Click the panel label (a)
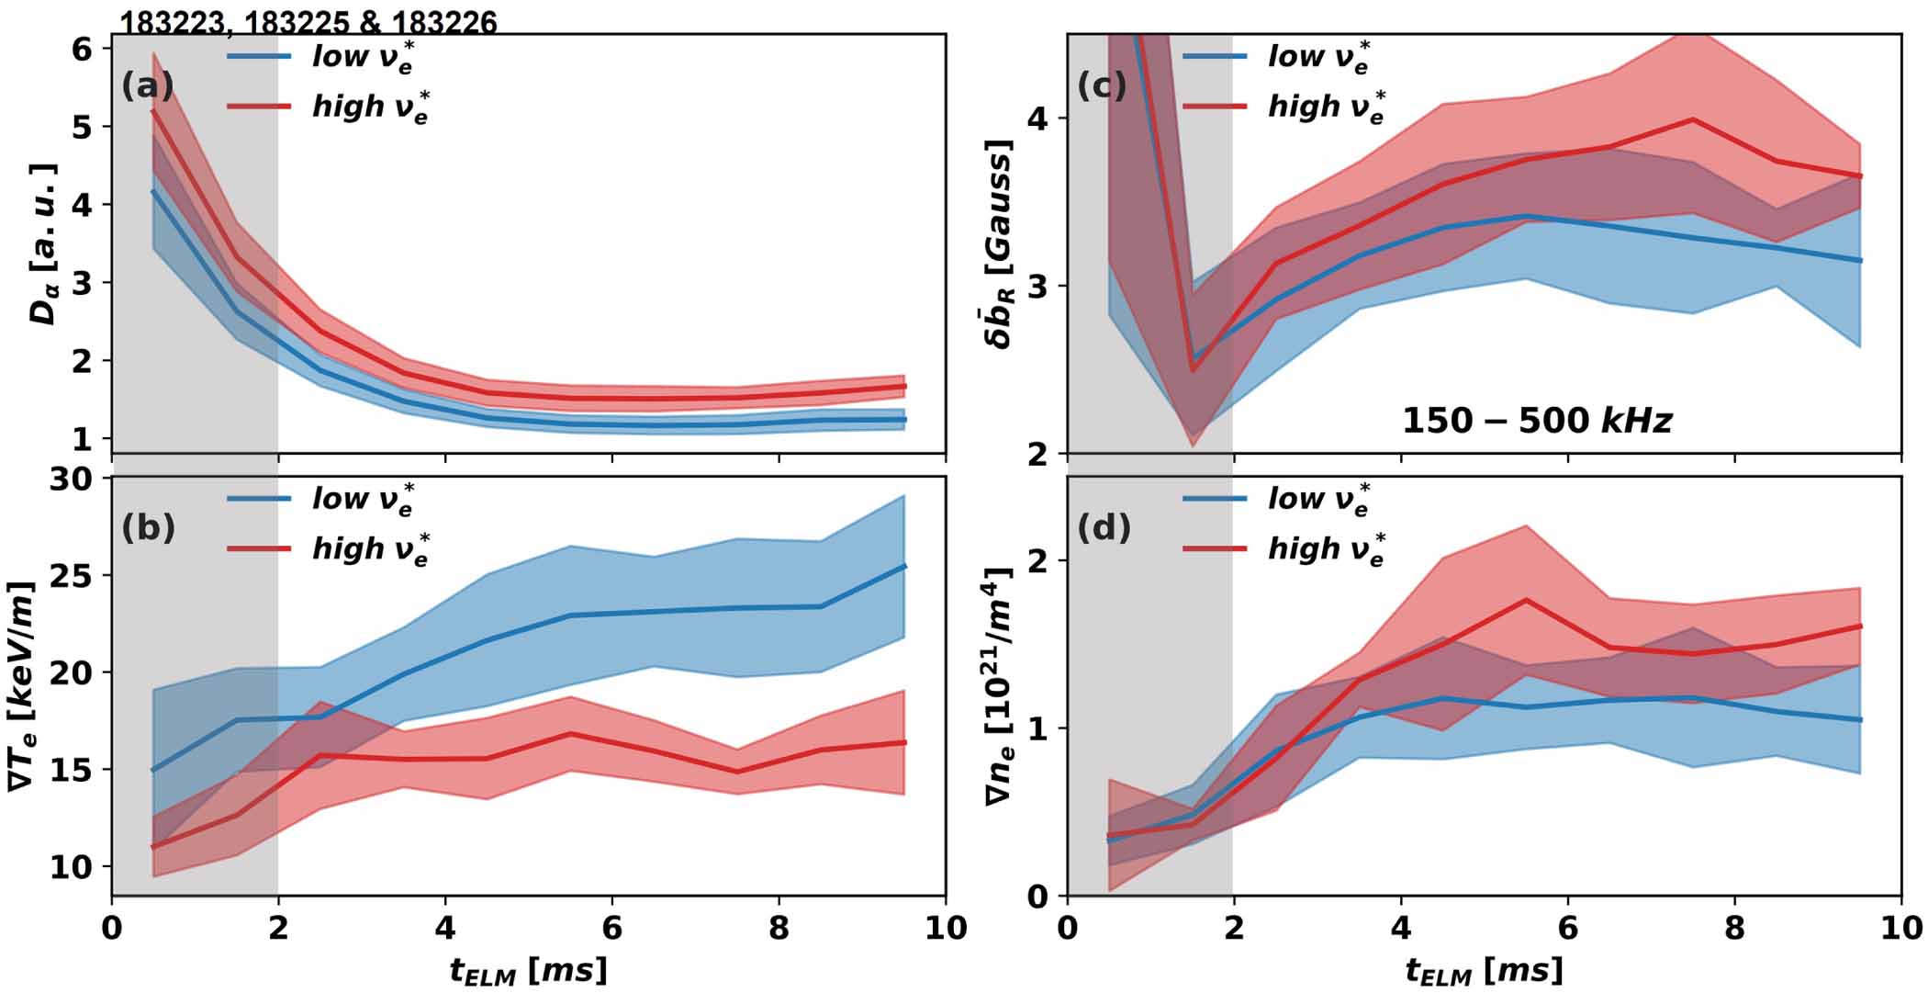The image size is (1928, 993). [x=147, y=86]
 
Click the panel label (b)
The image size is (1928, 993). [x=148, y=528]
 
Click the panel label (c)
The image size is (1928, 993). [x=1102, y=86]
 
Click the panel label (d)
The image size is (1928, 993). [x=1104, y=528]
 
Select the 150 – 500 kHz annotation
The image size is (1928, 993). [x=1536, y=421]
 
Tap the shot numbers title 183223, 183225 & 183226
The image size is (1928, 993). [x=308, y=22]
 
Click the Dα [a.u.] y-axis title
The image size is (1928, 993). [x=43, y=244]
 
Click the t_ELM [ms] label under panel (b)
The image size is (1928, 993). [x=528, y=970]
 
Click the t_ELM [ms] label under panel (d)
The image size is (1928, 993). [x=1484, y=970]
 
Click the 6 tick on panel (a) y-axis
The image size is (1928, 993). [x=83, y=49]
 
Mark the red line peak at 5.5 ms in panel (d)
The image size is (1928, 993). [x=1526, y=600]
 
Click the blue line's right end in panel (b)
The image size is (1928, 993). [x=905, y=566]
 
